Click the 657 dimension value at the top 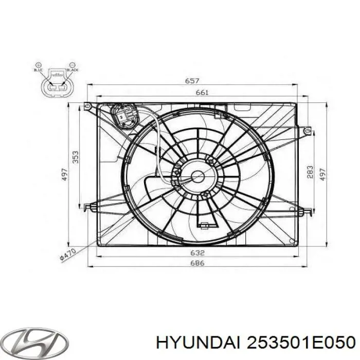coord(193,81)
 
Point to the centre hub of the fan coord(197,176)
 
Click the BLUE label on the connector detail coord(38,69)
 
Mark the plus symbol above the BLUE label coord(38,64)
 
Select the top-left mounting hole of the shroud coord(88,106)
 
